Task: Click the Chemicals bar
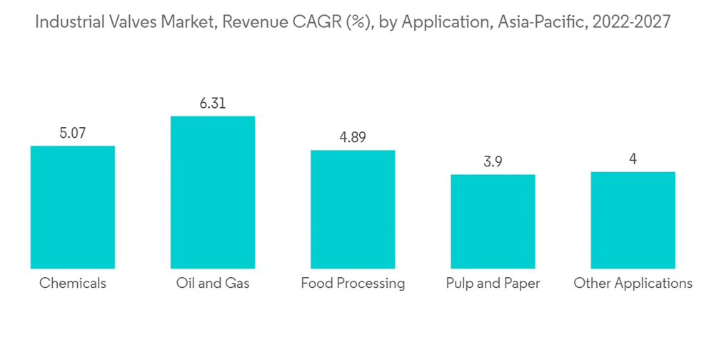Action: (x=73, y=207)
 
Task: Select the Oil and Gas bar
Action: (x=213, y=192)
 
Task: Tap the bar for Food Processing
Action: (x=353, y=209)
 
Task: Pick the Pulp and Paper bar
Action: (x=493, y=221)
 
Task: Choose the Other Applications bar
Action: (x=633, y=220)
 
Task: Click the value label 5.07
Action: (x=73, y=133)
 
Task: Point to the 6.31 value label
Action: (x=213, y=104)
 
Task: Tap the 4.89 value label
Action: (x=353, y=138)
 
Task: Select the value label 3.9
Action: (x=493, y=162)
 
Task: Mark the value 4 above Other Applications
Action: (x=633, y=159)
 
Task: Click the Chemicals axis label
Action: (x=73, y=284)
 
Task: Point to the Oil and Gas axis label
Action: (x=213, y=284)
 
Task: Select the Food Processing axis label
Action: (x=353, y=284)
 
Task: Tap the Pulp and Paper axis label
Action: (x=493, y=284)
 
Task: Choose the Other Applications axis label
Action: (x=633, y=284)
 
